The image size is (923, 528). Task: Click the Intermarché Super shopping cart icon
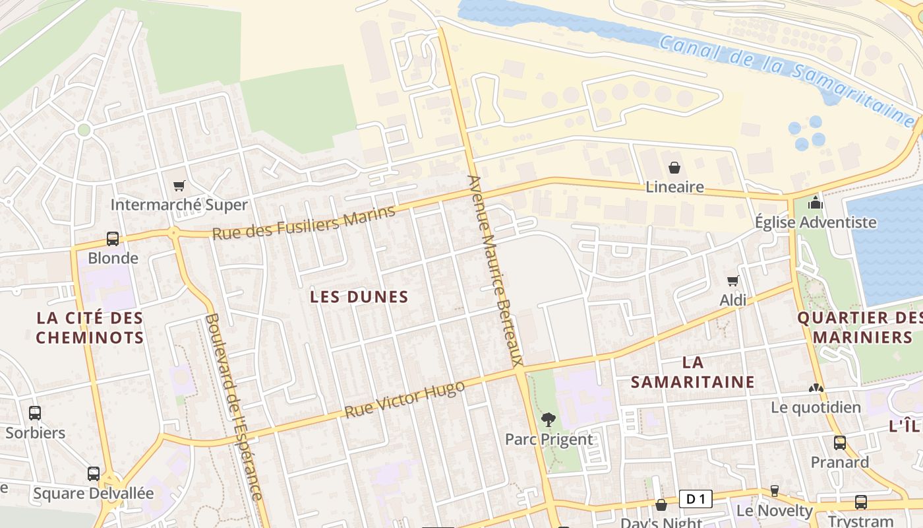click(179, 185)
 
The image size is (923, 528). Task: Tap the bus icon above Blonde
click(113, 239)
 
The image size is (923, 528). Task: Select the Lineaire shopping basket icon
click(674, 168)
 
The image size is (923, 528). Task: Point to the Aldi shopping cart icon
click(732, 281)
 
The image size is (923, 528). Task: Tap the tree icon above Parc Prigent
click(548, 419)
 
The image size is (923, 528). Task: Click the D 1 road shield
click(696, 500)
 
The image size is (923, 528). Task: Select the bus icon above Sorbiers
click(35, 413)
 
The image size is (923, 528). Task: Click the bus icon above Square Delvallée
click(94, 473)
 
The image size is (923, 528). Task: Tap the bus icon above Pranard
click(840, 442)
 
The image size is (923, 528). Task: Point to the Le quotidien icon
click(816, 388)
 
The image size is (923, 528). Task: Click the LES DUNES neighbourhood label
click(359, 297)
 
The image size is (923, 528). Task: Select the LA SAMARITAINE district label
click(693, 372)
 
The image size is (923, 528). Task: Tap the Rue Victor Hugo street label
click(404, 399)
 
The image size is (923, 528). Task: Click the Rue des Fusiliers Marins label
click(303, 222)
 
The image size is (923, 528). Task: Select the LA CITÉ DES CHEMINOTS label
click(90, 328)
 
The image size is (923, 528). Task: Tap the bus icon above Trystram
click(861, 502)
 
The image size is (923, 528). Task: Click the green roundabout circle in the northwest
click(84, 130)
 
